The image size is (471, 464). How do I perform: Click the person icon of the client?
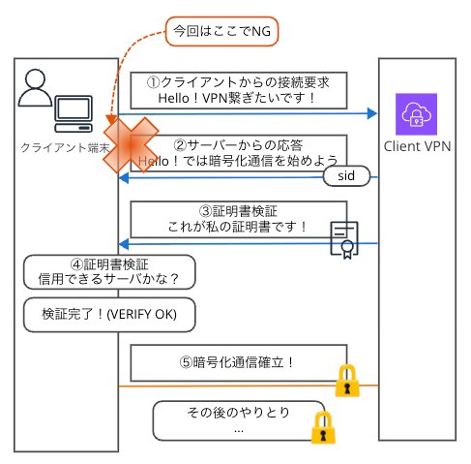coord(36,89)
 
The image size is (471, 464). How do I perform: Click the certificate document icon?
coord(343,239)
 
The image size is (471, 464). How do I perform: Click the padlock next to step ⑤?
coord(347,381)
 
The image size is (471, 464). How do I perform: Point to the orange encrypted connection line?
coord(242,387)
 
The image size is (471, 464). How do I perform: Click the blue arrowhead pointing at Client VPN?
coord(371,114)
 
